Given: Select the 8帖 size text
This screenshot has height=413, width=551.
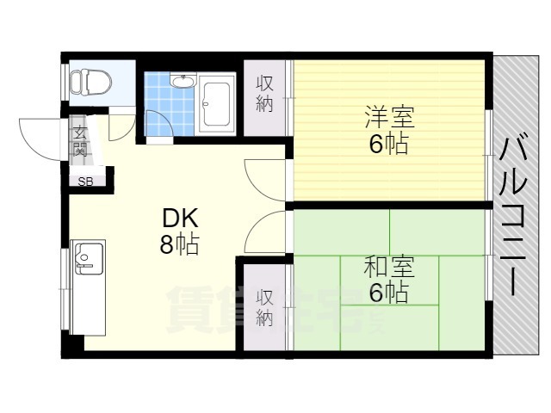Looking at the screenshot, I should tap(178, 245).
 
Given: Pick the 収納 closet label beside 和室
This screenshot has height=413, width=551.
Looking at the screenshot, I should tap(265, 307).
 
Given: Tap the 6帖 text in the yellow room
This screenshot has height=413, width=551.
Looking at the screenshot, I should tap(388, 144).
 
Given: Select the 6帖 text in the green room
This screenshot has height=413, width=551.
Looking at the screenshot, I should tap(388, 293).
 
